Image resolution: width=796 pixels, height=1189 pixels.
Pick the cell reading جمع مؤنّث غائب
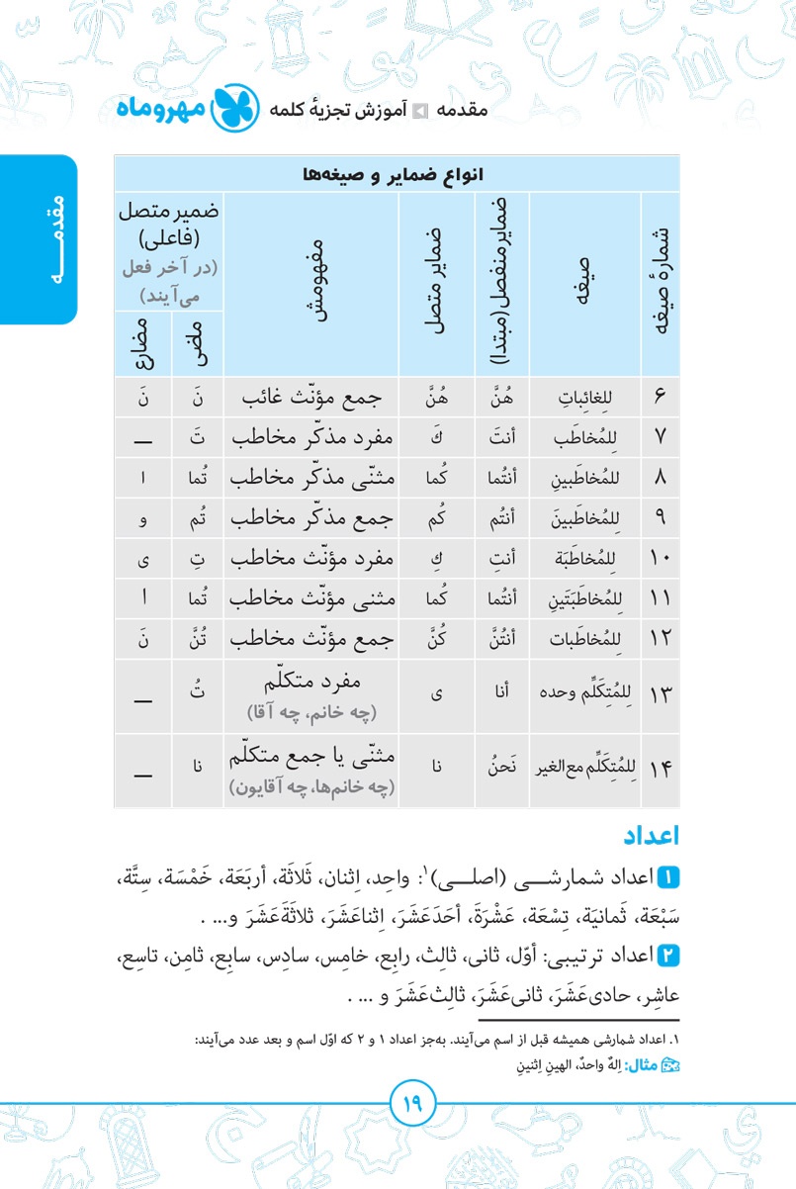(311, 397)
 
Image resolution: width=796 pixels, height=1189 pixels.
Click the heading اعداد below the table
(651, 835)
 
